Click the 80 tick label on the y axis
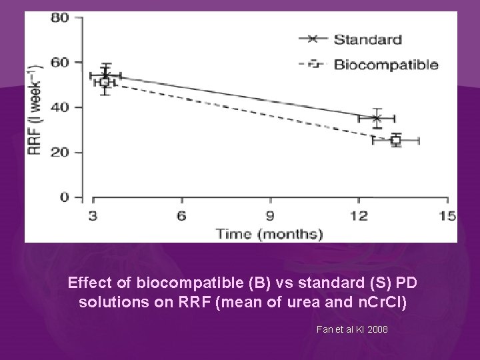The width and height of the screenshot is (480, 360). (59, 18)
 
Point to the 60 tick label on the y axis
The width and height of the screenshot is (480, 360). (59, 63)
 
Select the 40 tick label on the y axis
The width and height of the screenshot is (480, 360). (59, 107)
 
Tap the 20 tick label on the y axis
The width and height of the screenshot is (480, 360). (59, 152)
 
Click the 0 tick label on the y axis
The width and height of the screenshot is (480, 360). (64, 197)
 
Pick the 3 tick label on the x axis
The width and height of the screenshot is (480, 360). (93, 215)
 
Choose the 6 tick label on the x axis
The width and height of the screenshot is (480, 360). (181, 215)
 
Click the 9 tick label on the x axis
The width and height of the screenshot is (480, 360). (270, 215)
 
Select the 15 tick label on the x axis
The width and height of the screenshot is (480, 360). (447, 215)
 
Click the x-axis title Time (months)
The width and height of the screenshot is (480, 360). (269, 233)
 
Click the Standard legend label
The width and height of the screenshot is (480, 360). (367, 39)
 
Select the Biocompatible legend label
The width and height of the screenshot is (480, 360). (385, 65)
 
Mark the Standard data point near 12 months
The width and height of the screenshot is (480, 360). (377, 118)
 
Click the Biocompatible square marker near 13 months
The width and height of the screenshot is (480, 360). (396, 141)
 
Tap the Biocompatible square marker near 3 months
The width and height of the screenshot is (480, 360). (104, 82)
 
